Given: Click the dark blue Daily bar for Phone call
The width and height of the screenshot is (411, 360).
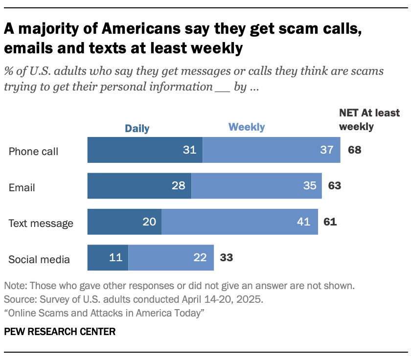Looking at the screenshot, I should coord(145,150).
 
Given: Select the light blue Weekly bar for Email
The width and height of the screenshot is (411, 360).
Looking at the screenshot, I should coord(256,185).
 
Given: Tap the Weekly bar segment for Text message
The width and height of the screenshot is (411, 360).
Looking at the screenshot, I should coord(240,222).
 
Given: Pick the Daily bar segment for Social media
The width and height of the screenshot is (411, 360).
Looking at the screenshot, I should coord(108,258).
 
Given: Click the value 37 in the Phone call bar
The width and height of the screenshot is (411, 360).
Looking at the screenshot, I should coord(326,150).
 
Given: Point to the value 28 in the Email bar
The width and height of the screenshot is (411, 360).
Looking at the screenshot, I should coord(179,185).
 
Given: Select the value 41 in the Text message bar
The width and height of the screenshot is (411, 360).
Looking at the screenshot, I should coord(303,222).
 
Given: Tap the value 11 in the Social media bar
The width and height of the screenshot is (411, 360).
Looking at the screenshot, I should coord(115,258).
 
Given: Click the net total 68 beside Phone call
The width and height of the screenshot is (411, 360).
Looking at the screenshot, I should coord(355,150).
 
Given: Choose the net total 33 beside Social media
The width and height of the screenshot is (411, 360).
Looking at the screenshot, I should coord(226,258).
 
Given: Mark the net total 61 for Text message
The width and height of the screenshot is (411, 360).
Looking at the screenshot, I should coord(330,222).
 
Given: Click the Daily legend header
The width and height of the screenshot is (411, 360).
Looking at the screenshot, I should coord(137,129).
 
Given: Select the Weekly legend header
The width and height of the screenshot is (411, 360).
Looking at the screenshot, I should coord(247,127).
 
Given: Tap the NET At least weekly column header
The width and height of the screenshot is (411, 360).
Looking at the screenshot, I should coord(369,120).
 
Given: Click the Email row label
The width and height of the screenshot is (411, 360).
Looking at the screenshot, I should coord(22,187).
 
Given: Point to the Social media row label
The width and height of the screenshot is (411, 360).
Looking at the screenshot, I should coord(39,259).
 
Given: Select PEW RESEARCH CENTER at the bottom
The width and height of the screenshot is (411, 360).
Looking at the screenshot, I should coord(60,332).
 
